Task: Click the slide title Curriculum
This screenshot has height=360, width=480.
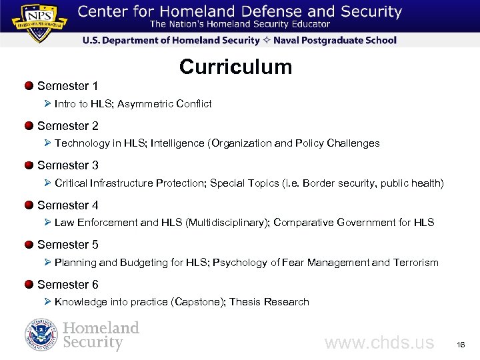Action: [x=235, y=67]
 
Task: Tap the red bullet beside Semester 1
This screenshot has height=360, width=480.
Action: [x=29, y=85]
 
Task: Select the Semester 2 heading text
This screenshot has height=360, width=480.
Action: [x=68, y=125]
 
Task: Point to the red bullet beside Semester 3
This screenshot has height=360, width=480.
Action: [x=29, y=165]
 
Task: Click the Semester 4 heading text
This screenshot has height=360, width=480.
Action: [x=68, y=205]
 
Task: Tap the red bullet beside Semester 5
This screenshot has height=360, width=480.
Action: [x=29, y=245]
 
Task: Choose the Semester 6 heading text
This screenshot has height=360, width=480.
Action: [x=68, y=285]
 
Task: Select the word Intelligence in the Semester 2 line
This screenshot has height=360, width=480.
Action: [x=181, y=143]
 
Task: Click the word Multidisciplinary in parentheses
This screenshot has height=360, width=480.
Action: [x=227, y=223]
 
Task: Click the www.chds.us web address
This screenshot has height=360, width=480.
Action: [x=379, y=343]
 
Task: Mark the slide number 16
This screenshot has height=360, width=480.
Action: [x=459, y=345]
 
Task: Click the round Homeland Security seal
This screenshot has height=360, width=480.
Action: [x=41, y=335]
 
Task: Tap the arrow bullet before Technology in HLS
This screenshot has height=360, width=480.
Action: [x=47, y=143]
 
